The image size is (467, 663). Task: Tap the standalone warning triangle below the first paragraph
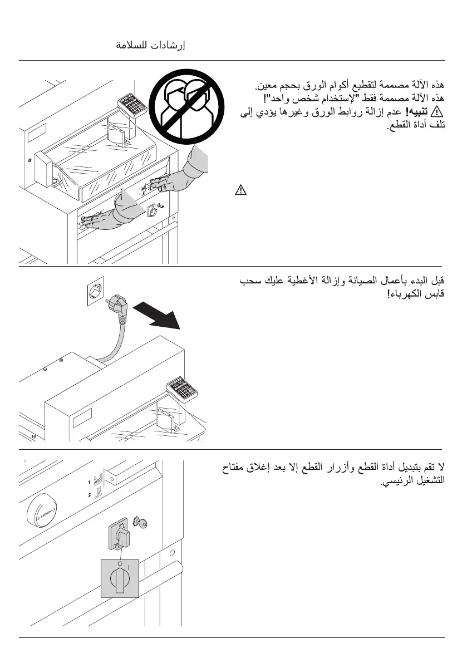240,190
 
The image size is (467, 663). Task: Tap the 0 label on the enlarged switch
119,564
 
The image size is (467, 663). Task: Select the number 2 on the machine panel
89,494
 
